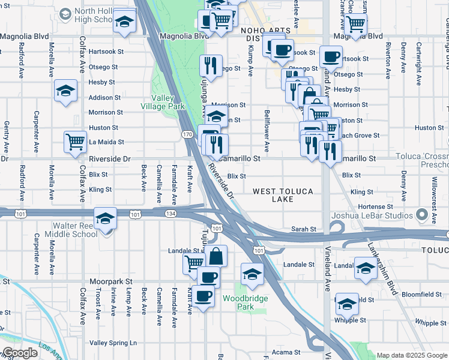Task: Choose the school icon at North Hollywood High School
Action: (124, 22)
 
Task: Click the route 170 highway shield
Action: (188, 135)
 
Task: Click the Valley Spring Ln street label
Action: (113, 343)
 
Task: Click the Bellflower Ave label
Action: (266, 130)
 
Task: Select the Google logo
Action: (20, 353)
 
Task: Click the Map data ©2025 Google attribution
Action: (412, 355)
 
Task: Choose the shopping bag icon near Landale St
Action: (216, 256)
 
